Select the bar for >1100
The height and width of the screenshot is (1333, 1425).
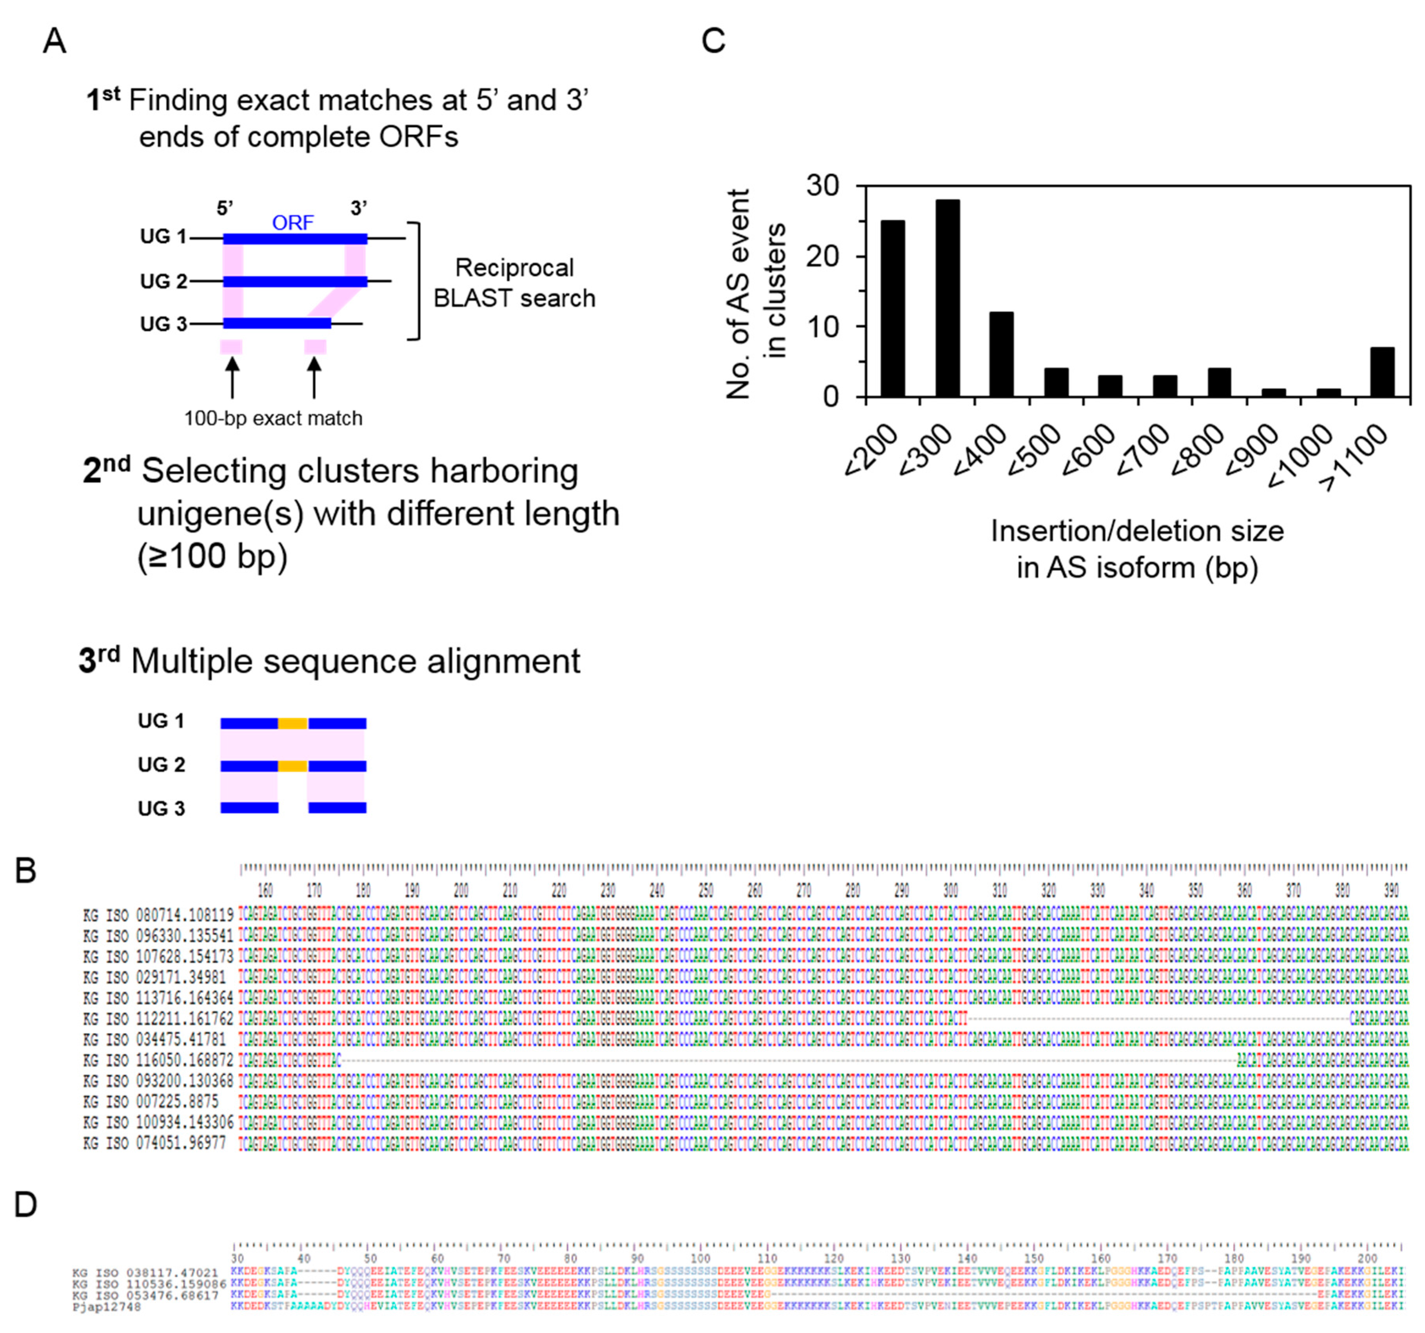click(1382, 372)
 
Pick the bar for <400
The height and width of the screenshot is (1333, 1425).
click(1001, 354)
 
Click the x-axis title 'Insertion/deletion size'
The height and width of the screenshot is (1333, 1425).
click(1137, 531)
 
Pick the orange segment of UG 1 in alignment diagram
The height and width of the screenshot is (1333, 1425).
click(292, 723)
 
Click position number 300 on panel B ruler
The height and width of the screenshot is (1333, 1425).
click(951, 891)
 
